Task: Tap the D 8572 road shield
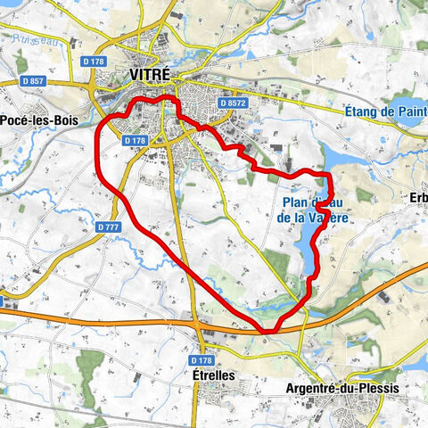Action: point(232,104)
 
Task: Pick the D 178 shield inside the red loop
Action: point(136,141)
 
